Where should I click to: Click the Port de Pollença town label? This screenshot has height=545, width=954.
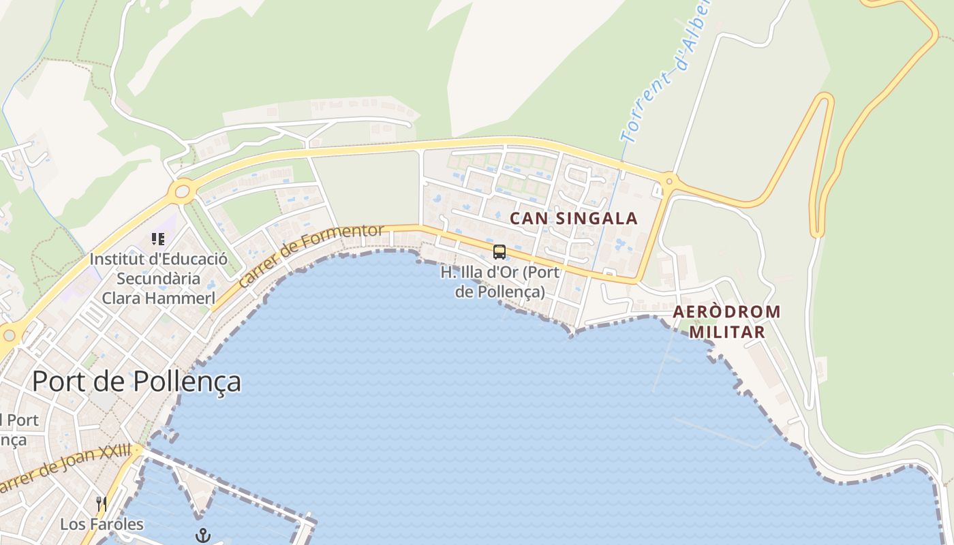point(136,381)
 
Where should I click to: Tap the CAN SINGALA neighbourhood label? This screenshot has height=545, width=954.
point(574,219)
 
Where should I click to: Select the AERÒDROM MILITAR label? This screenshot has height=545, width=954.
point(726,322)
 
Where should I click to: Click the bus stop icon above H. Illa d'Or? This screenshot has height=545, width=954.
point(499,252)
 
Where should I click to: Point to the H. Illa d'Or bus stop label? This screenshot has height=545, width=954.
point(499,282)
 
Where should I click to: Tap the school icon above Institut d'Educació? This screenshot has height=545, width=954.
point(158,239)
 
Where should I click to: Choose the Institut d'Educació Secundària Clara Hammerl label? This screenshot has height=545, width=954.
point(158,279)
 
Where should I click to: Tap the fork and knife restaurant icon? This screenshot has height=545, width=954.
point(102,504)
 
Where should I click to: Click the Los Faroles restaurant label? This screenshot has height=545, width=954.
point(102,524)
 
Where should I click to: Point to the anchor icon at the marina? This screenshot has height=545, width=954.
point(202,536)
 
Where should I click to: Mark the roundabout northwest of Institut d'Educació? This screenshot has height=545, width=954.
point(183,191)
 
